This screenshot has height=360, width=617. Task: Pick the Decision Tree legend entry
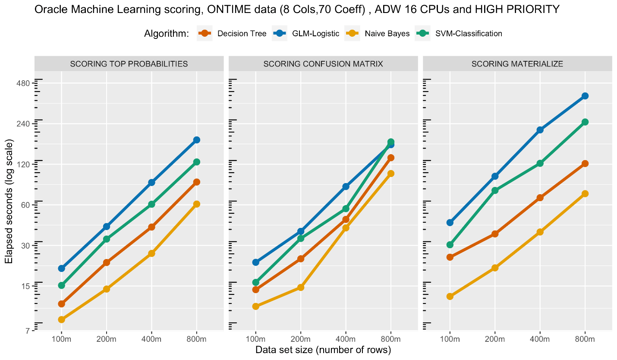pos(242,33)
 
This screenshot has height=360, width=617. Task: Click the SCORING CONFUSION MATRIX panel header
pos(323,64)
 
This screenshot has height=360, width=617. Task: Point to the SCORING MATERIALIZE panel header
pos(517,64)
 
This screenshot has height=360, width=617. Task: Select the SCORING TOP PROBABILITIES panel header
pos(129,64)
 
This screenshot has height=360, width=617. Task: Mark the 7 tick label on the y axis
pos(26,331)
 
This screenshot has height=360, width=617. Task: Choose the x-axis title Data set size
pos(323,350)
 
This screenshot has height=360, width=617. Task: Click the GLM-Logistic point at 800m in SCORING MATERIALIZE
pos(585,96)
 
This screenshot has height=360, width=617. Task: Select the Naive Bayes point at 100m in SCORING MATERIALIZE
pos(450,296)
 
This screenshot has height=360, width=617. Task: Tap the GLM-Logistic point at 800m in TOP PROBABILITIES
pos(197,140)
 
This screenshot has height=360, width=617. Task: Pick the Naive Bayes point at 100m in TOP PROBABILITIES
pos(62,319)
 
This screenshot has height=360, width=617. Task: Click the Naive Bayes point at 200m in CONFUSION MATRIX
pos(301,287)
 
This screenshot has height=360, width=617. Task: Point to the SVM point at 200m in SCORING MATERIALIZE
pos(495,190)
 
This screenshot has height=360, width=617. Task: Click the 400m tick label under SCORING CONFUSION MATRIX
pos(346,340)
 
